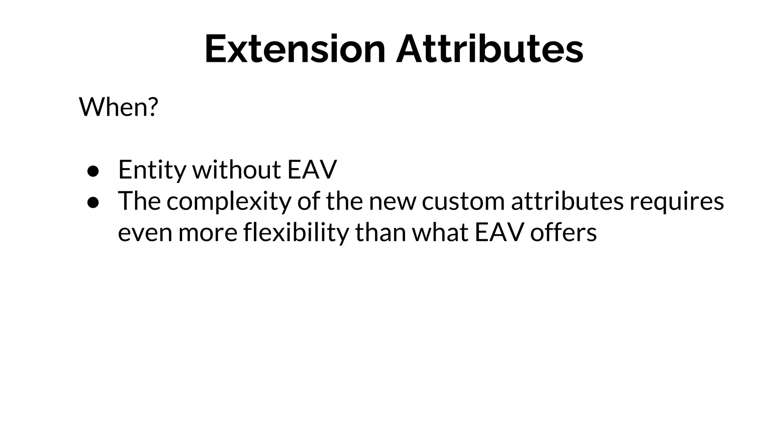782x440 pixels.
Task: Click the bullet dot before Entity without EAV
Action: click(93, 171)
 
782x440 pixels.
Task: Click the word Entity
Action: click(152, 170)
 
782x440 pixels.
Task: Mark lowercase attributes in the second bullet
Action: click(567, 201)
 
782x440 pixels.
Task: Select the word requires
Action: click(677, 202)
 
